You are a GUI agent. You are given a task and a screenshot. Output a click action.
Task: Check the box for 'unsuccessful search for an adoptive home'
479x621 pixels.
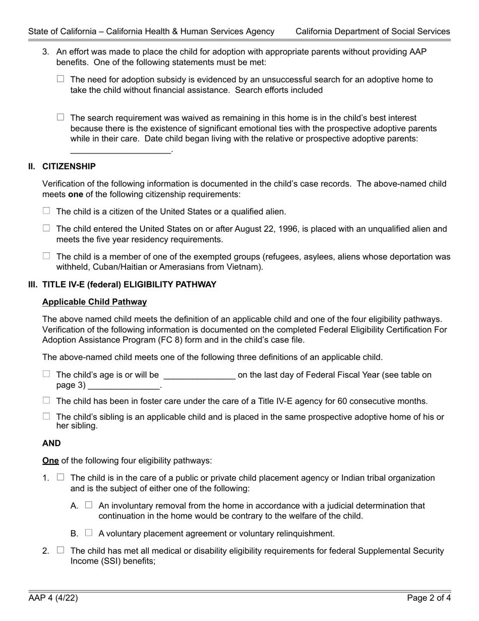pyautogui.click(x=61, y=79)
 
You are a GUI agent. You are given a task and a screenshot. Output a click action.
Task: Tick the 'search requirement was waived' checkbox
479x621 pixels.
pyautogui.click(x=61, y=117)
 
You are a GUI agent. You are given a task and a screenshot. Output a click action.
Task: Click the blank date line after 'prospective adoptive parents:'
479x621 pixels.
pyautogui.click(x=121, y=150)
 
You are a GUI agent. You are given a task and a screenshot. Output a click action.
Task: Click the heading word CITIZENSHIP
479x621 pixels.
pyautogui.click(x=69, y=167)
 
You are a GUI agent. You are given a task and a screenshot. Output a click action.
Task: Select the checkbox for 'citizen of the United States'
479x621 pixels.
pyautogui.click(x=46, y=211)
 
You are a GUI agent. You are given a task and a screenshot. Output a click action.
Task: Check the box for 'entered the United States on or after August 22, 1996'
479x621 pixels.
pyautogui.click(x=46, y=228)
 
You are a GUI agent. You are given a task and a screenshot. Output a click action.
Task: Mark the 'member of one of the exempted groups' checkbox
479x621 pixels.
pyautogui.click(x=46, y=256)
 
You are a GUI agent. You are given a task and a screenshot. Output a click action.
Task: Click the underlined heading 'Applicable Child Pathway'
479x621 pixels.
pyautogui.click(x=94, y=302)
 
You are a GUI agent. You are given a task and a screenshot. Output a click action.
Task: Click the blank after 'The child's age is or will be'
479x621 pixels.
pyautogui.click(x=199, y=376)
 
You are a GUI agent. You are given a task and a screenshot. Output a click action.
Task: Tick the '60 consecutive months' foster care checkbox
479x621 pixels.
pyautogui.click(x=46, y=400)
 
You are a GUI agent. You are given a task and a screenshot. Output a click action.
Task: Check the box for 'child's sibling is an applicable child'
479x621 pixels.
pyautogui.click(x=46, y=416)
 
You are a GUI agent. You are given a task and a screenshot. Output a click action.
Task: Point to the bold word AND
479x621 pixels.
pyautogui.click(x=51, y=443)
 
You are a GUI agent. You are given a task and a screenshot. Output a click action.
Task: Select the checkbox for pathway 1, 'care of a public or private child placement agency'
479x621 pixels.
pyautogui.click(x=61, y=477)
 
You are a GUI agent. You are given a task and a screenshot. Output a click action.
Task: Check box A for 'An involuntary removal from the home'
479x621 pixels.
pyautogui.click(x=89, y=505)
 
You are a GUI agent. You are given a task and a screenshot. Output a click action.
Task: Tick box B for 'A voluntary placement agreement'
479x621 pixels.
pyautogui.click(x=89, y=533)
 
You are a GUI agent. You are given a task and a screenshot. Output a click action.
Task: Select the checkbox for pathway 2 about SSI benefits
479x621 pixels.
pyautogui.click(x=61, y=550)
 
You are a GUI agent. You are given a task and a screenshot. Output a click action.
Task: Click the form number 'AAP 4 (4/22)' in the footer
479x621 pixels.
pyautogui.click(x=53, y=599)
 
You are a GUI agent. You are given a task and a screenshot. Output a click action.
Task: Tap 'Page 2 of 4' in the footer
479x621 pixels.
pyautogui.click(x=429, y=599)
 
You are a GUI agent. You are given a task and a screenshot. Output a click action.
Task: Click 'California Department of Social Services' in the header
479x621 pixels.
pyautogui.click(x=373, y=31)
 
